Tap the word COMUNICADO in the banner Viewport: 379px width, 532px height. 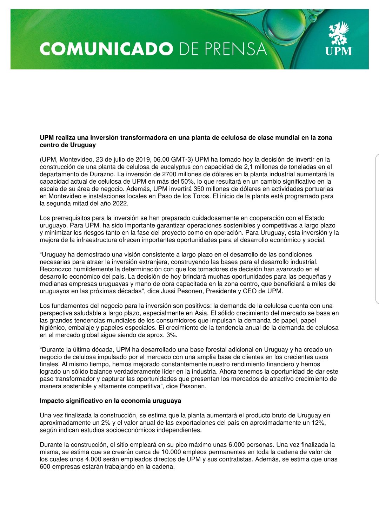point(106,49)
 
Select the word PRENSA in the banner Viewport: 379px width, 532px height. point(235,49)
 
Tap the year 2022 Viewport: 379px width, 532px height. point(120,204)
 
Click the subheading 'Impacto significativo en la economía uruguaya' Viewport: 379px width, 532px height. point(110,401)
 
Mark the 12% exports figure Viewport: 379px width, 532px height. point(318,423)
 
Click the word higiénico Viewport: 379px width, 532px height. point(53,328)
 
